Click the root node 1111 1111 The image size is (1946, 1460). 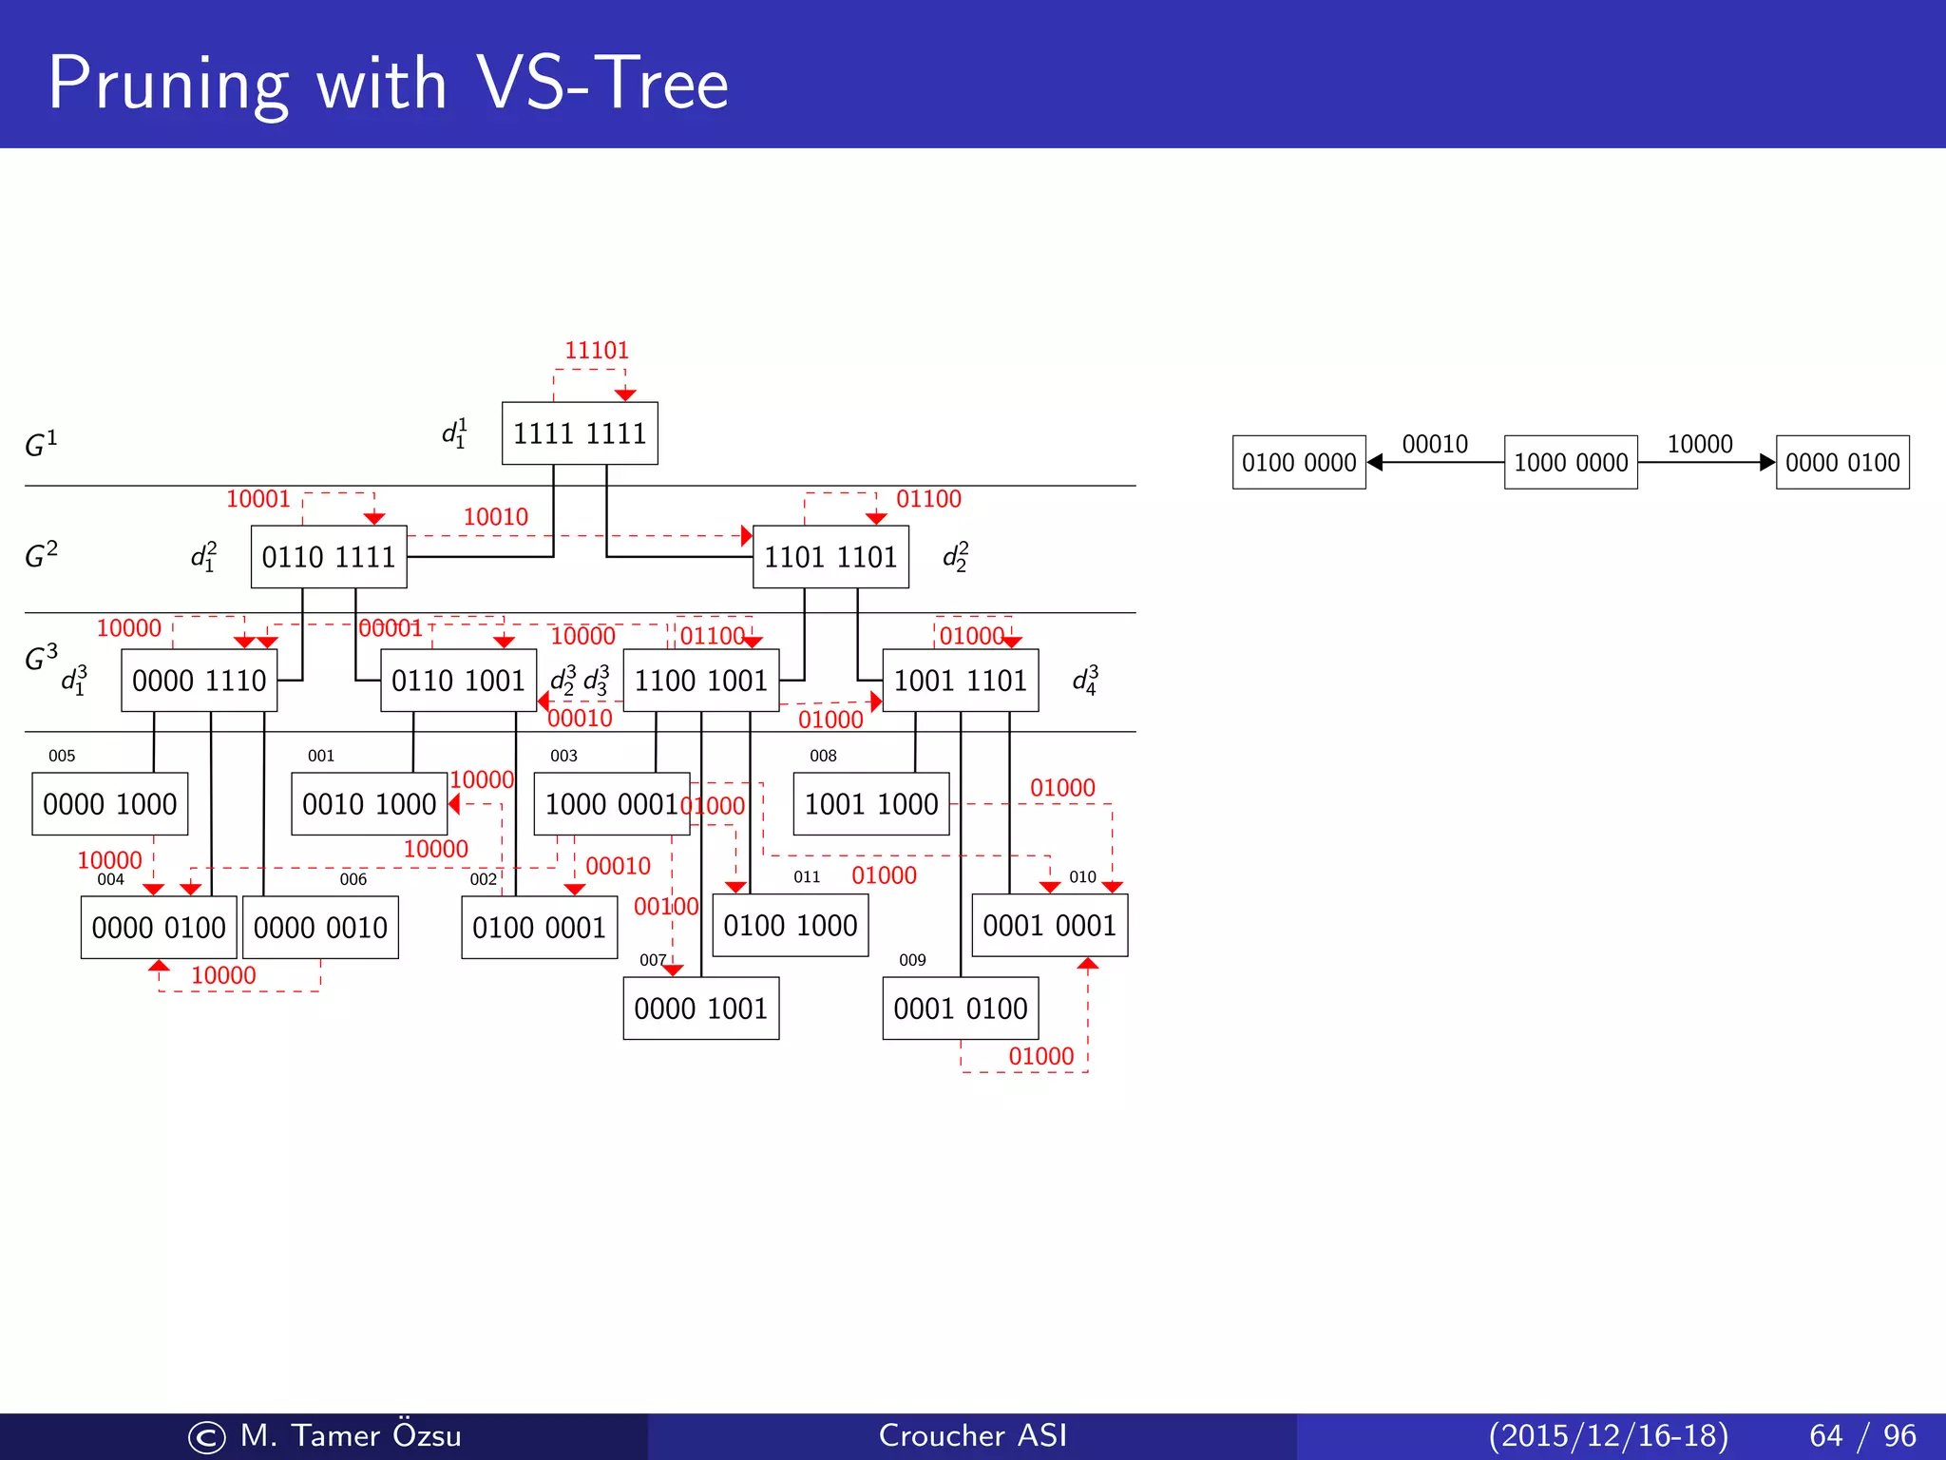point(580,433)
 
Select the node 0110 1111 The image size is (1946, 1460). point(329,557)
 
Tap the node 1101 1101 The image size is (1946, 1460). point(830,557)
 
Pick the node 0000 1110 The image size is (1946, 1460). point(200,681)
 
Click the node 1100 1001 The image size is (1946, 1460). point(701,681)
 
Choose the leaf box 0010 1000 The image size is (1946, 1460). point(369,804)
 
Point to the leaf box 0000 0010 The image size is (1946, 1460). point(320,928)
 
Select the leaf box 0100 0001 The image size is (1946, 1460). point(539,928)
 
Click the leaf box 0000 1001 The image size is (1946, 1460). point(701,1009)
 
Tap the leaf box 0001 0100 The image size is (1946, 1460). point(961,1009)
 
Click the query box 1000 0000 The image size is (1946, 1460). point(1571,463)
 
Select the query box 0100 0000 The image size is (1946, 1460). point(1299,463)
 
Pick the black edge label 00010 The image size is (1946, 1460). point(1435,444)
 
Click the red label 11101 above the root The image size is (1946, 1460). point(597,351)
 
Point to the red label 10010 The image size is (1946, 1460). point(495,517)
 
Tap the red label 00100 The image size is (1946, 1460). point(666,907)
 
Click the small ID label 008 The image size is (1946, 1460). point(823,756)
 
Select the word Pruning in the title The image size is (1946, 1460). point(167,86)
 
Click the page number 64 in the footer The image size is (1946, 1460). point(1825,1435)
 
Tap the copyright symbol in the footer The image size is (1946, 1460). point(207,1437)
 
